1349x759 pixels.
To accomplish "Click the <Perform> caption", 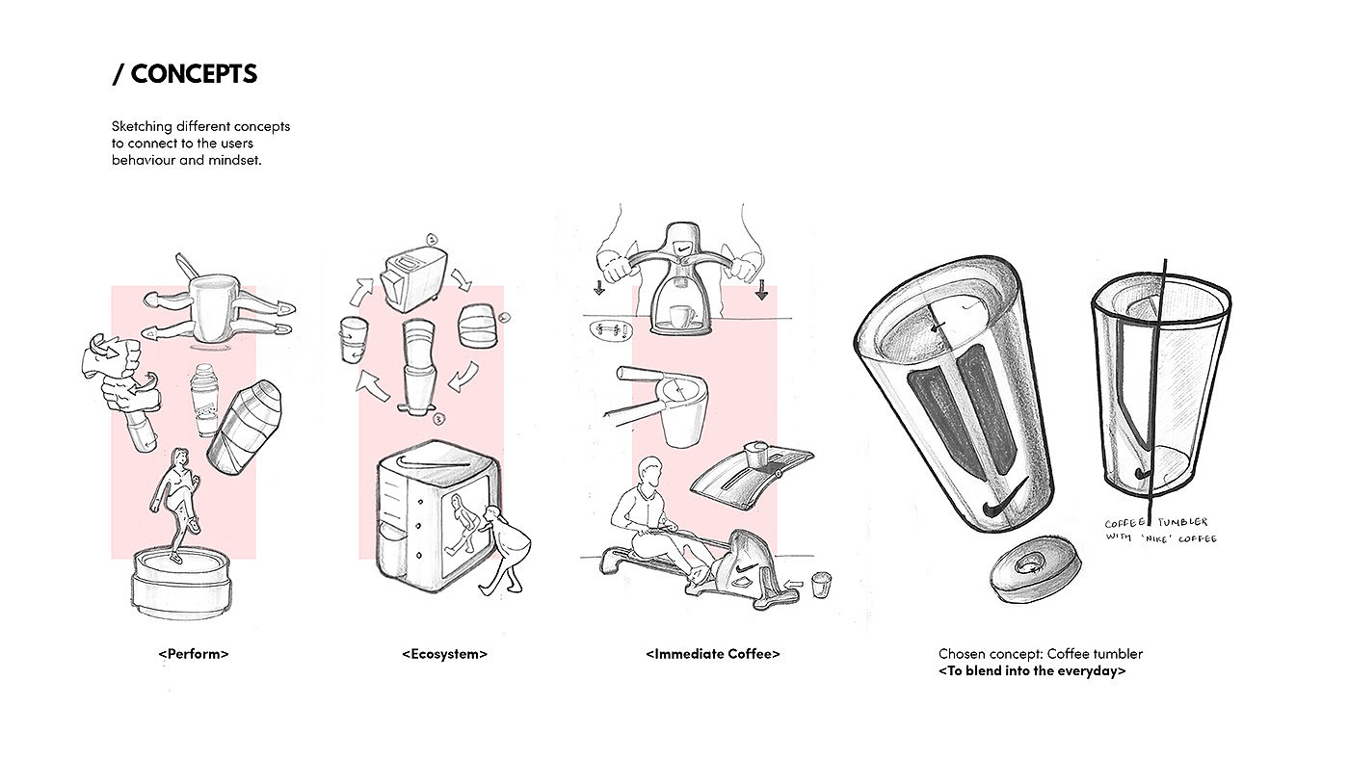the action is pyautogui.click(x=194, y=654).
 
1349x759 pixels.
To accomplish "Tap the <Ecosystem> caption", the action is pyautogui.click(x=444, y=654).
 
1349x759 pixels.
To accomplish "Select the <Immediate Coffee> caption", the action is pyautogui.click(x=712, y=654).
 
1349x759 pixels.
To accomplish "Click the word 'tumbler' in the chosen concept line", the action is pyautogui.click(x=1119, y=654).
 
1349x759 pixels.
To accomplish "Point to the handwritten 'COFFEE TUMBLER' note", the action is pyautogui.click(x=1155, y=522).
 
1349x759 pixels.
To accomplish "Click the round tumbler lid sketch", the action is pyautogui.click(x=1035, y=568).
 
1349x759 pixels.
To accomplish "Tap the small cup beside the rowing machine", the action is pyautogui.click(x=821, y=585).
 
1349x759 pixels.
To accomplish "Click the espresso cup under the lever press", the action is pyautogui.click(x=682, y=315).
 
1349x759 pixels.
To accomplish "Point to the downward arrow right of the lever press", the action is pyautogui.click(x=762, y=290).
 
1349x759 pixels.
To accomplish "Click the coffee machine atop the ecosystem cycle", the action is pyautogui.click(x=413, y=278).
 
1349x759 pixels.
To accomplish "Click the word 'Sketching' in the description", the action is pyautogui.click(x=142, y=127).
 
